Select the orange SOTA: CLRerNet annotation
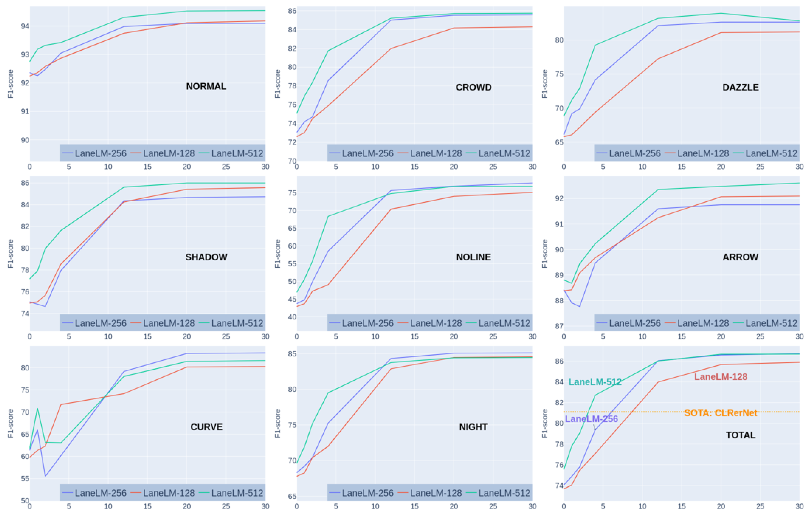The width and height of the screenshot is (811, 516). tap(720, 413)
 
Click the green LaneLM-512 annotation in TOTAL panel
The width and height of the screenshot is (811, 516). tap(595, 382)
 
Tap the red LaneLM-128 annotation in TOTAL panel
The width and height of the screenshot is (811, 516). tap(720, 377)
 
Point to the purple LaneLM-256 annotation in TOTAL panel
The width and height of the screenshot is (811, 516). tap(591, 419)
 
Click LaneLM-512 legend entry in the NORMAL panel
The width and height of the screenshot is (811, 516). tap(237, 154)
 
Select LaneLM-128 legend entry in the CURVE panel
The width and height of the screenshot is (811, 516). tap(168, 493)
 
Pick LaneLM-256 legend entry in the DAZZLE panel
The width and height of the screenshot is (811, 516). tap(635, 154)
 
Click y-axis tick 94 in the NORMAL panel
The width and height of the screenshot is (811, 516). tap(25, 26)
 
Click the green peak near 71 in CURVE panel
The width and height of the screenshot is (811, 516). tap(37, 409)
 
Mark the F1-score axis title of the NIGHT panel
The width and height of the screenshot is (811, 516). tap(277, 423)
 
